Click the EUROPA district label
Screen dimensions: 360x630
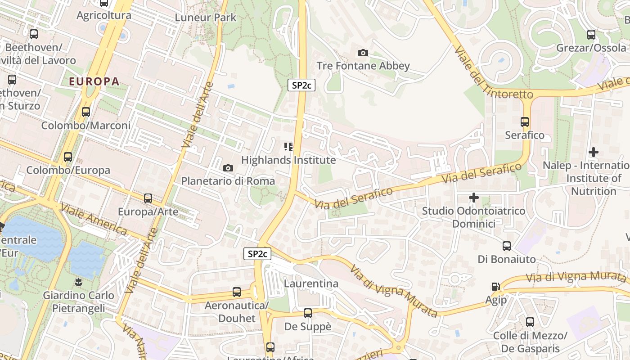pyautogui.click(x=94, y=81)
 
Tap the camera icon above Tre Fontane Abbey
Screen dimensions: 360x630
pyautogui.click(x=363, y=53)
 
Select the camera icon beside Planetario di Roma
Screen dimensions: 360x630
pyautogui.click(x=228, y=168)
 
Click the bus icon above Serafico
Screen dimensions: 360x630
pyautogui.click(x=525, y=121)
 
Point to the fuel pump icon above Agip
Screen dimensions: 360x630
pyautogui.click(x=495, y=286)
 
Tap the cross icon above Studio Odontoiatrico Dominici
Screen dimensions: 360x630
pyautogui.click(x=473, y=197)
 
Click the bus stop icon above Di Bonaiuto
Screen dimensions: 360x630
pyautogui.click(x=507, y=246)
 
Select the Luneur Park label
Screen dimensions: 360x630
pyautogui.click(x=205, y=18)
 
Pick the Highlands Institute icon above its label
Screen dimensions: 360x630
pyautogui.click(x=288, y=146)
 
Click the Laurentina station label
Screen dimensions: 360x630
pyautogui.click(x=311, y=283)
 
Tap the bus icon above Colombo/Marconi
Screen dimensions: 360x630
pyautogui.click(x=86, y=112)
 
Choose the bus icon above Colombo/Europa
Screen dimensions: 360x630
pyautogui.click(x=68, y=157)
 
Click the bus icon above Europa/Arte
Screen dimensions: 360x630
pyautogui.click(x=148, y=198)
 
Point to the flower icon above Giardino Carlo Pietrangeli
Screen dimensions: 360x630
pyautogui.click(x=79, y=282)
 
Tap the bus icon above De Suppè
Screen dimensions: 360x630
pyautogui.click(x=308, y=313)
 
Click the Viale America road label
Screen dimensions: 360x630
pyautogui.click(x=94, y=219)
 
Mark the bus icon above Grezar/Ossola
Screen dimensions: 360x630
pyautogui.click(x=591, y=34)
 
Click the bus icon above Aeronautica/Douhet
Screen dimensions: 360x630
pyautogui.click(x=237, y=292)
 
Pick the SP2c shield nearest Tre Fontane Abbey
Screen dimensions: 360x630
pyautogui.click(x=301, y=85)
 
